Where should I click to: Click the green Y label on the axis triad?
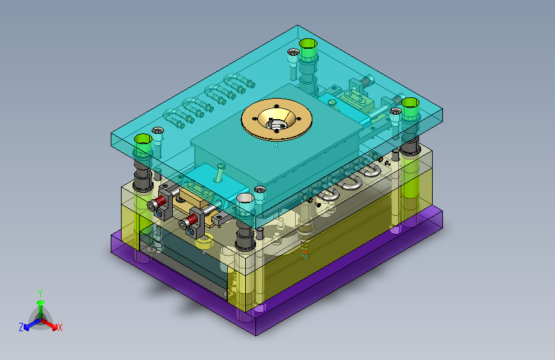40,293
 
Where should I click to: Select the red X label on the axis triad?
60,328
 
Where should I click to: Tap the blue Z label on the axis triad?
21,327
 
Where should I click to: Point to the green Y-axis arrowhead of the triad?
41,302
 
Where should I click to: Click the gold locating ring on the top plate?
277,119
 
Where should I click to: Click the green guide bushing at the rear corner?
308,49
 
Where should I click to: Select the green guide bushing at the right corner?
410,109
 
